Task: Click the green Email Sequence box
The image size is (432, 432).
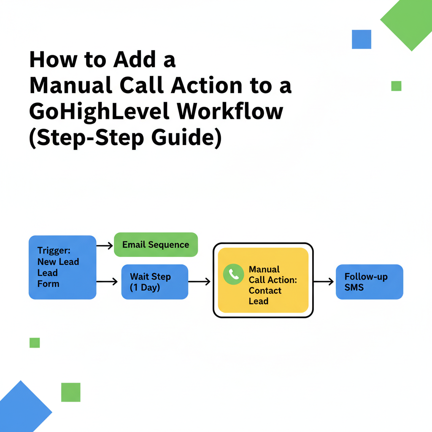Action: (x=156, y=245)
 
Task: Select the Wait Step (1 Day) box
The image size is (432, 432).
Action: (x=155, y=282)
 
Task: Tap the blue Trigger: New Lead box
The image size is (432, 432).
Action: (x=62, y=267)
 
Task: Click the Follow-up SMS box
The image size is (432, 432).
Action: (x=369, y=282)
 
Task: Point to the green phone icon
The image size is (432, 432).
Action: (x=233, y=275)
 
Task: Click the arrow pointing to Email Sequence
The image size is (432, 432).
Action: (x=105, y=245)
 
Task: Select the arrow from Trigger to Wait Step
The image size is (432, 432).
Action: (x=107, y=281)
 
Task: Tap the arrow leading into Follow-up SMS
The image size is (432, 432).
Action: (x=324, y=281)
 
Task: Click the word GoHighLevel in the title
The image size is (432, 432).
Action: (x=100, y=111)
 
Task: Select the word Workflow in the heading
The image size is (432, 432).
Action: (x=230, y=111)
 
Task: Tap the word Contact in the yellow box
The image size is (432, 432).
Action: (x=265, y=291)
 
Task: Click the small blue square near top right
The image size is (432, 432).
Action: (x=362, y=39)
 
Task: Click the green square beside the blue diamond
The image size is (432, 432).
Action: (x=70, y=392)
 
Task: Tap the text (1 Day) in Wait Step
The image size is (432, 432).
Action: (x=145, y=288)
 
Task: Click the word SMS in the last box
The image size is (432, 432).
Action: (x=354, y=287)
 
